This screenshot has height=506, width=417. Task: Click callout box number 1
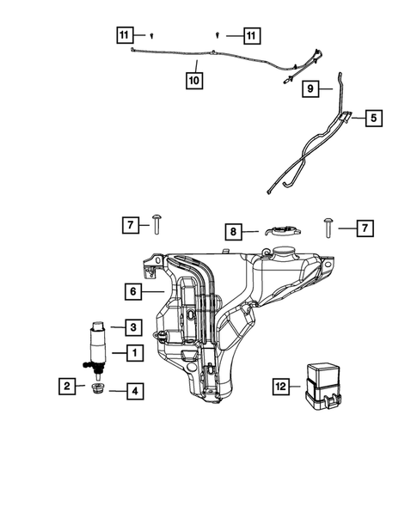click(134, 352)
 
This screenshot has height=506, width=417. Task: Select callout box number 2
click(66, 387)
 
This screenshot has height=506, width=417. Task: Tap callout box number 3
click(134, 326)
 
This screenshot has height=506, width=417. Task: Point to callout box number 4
click(134, 391)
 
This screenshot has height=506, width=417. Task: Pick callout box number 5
click(374, 119)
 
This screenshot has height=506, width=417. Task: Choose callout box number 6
click(134, 292)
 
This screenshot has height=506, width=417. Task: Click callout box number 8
click(232, 230)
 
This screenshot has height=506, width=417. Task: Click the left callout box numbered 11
click(125, 35)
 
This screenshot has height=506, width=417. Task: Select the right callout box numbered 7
click(365, 229)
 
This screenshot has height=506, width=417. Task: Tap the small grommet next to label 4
click(98, 392)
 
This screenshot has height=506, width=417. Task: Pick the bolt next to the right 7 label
click(328, 225)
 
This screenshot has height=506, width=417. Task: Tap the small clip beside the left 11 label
click(151, 35)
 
